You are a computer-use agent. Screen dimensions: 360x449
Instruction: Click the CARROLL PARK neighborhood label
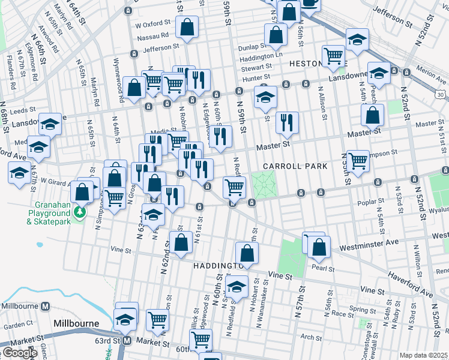click(294, 166)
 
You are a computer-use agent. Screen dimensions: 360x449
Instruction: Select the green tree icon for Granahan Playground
click(79, 212)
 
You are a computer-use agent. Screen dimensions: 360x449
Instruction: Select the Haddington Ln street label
click(261, 55)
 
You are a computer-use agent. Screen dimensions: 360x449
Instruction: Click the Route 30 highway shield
click(441, 94)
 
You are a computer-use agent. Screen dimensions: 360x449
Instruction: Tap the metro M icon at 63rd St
click(127, 341)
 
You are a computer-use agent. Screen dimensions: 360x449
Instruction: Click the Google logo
click(20, 353)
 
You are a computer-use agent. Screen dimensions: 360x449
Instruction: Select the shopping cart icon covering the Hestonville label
click(334, 56)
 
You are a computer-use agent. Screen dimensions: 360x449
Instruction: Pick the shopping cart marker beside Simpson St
click(358, 160)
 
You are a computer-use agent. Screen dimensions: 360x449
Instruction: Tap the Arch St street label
click(312, 337)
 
